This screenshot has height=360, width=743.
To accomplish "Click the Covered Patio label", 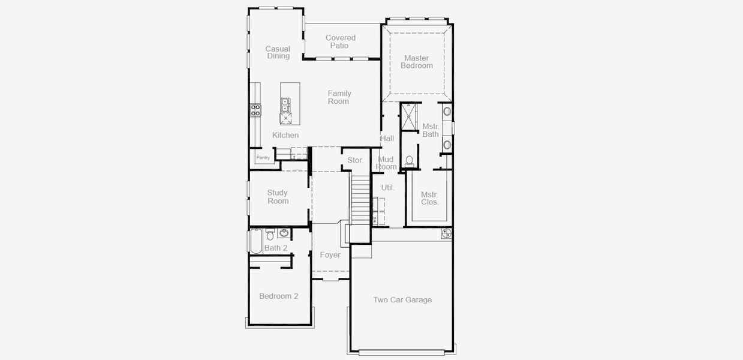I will pos(341,42).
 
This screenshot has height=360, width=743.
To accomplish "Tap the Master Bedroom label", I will pos(417,62).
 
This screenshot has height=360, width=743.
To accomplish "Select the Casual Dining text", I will pos(278,52).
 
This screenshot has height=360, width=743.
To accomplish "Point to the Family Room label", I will pos(339,97).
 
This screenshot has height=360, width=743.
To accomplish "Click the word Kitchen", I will pos(285,135).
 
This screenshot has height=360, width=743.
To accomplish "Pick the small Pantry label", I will pos(263,158).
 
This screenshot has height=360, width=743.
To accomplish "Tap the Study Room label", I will pos(278,197).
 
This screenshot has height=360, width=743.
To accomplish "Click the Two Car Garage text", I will pos(402,300).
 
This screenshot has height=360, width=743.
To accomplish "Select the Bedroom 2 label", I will pos(278,296).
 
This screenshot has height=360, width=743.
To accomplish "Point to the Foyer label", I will pos(330,255).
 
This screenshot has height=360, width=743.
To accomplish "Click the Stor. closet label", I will pos(356,160).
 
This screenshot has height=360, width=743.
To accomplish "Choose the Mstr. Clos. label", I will pos(429,198).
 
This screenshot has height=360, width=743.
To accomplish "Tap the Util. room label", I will pos(388,187).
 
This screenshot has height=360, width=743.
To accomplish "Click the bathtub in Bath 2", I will pos(255,241).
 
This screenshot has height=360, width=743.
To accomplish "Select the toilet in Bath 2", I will pos(270,235).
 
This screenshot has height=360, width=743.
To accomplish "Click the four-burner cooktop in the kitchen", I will pos(255,110).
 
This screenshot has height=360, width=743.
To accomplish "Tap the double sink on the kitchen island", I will pos(285,106).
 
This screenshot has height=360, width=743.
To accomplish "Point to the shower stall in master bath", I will pos(408,116).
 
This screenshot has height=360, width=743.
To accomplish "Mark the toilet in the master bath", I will pos(410,161).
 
